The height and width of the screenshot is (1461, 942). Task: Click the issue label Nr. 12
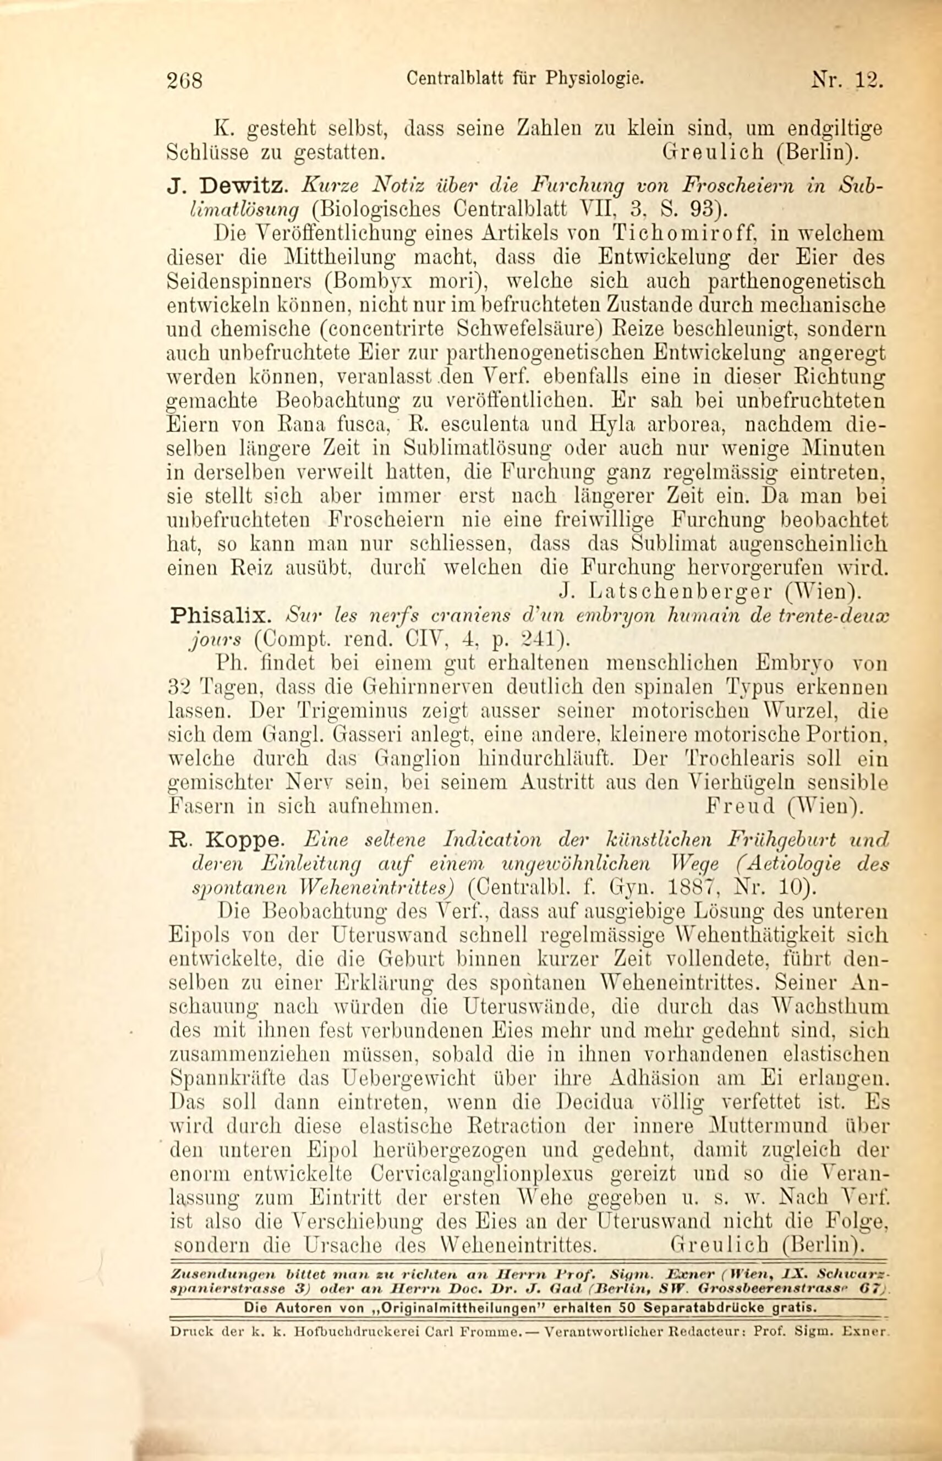[x=847, y=80]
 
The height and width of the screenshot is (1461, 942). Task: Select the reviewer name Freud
[x=741, y=806]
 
